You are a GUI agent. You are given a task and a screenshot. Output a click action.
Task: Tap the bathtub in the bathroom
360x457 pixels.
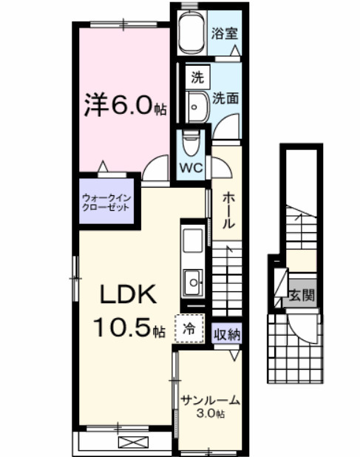click(x=194, y=31)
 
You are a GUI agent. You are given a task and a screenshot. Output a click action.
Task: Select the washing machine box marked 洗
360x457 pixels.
click(x=197, y=75)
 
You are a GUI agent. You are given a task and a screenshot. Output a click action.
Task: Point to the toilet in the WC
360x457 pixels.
click(x=191, y=142)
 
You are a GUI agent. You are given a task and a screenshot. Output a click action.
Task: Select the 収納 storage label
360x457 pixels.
click(x=226, y=334)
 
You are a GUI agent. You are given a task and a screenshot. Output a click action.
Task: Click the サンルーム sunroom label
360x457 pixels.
click(x=210, y=402)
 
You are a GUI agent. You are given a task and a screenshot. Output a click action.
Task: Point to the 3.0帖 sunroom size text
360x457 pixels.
click(x=211, y=415)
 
